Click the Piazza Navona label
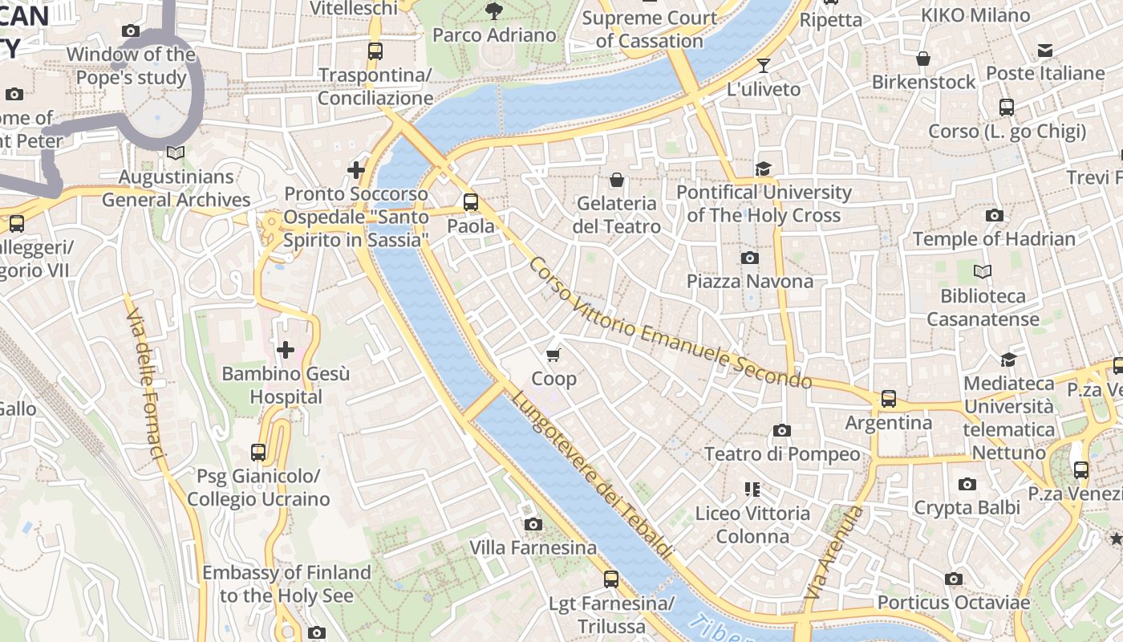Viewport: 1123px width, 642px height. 749,281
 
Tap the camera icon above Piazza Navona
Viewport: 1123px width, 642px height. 750,258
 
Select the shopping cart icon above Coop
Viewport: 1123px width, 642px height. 553,355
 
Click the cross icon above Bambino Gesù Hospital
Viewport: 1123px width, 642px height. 285,350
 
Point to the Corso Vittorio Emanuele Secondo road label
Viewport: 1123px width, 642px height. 670,324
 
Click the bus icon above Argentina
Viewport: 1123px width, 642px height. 888,399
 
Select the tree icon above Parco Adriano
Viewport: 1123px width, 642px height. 494,11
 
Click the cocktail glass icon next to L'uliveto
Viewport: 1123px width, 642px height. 764,66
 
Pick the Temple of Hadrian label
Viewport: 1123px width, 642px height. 994,239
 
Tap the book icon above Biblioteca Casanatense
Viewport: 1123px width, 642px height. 982,272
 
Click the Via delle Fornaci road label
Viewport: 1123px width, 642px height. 145,377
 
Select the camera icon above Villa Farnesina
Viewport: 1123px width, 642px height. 533,525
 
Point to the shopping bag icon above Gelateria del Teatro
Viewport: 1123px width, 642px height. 616,180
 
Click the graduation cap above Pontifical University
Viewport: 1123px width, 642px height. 763,169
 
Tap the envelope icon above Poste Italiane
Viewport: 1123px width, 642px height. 1044,51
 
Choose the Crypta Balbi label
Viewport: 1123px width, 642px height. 967,507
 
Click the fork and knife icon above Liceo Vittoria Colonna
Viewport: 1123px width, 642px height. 752,489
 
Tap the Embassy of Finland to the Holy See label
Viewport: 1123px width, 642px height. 286,584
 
